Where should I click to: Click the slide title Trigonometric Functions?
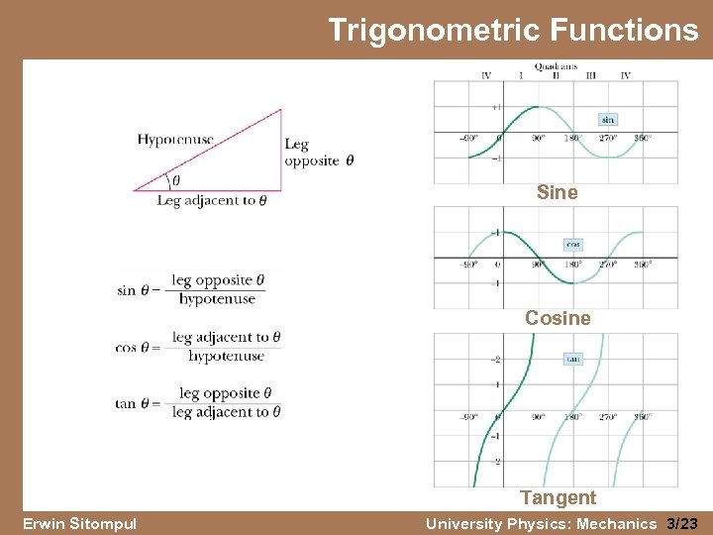(x=512, y=30)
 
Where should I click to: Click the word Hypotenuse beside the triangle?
(x=175, y=140)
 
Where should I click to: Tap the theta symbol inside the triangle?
(x=176, y=181)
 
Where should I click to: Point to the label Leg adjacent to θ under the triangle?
(x=212, y=200)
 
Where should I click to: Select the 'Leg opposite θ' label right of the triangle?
(x=318, y=153)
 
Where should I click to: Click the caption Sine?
(x=557, y=193)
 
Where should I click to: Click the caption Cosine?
(x=558, y=318)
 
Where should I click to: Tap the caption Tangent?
(x=559, y=497)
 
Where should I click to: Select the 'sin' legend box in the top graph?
(x=607, y=119)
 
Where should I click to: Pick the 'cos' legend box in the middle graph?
(x=573, y=244)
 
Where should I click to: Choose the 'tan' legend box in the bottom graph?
(x=572, y=359)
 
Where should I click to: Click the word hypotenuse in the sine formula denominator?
(x=217, y=299)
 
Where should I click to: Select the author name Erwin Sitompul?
(x=78, y=523)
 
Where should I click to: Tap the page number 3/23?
(x=682, y=523)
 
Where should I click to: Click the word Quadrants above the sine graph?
(x=557, y=66)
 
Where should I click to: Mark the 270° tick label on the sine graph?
(x=607, y=138)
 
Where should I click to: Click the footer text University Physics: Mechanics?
(x=542, y=523)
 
